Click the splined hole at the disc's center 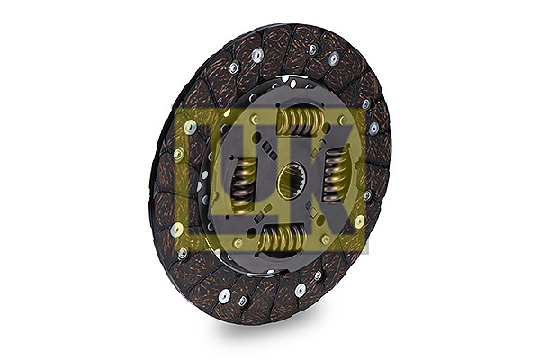pyautogui.click(x=291, y=181)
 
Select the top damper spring pyautogui.click(x=301, y=121)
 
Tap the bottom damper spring pyautogui.click(x=283, y=237)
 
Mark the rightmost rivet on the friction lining pyautogui.click(x=374, y=129)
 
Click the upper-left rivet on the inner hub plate pyautogui.click(x=256, y=120)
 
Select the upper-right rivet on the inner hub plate pyautogui.click(x=343, y=121)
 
